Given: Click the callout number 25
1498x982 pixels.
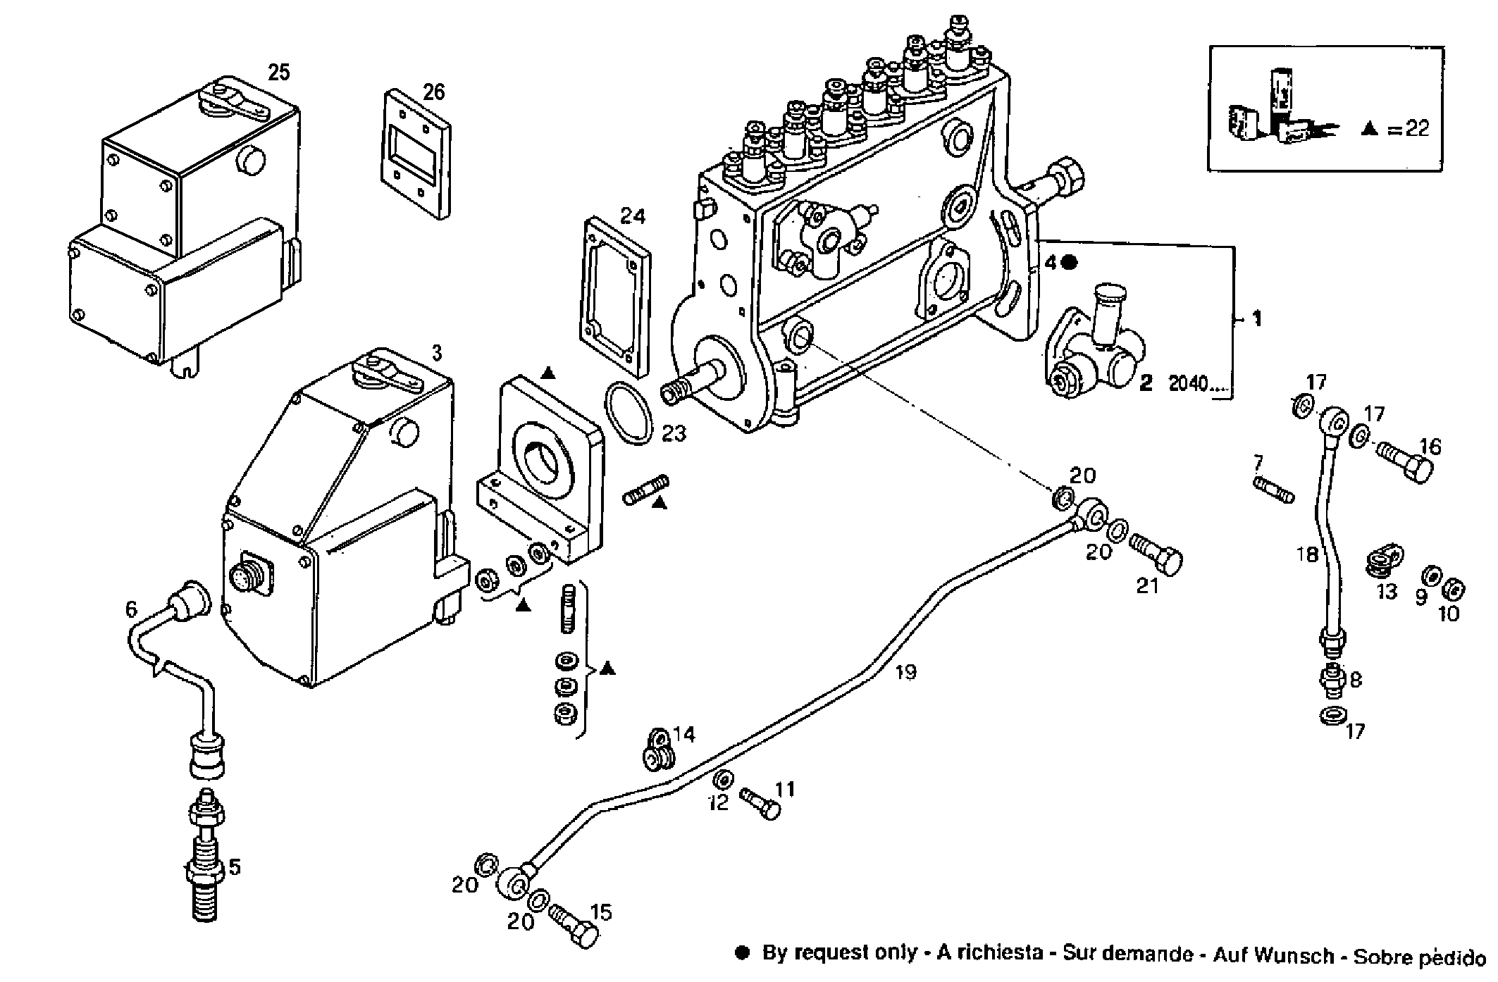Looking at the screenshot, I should coord(279,72).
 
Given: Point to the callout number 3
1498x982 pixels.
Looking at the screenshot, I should coord(436,353).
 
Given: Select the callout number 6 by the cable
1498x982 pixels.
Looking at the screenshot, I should coord(132,609).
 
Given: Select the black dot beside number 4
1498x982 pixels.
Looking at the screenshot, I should coord(1070,263).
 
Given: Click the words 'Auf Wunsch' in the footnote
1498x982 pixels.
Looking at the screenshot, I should coord(1273,956).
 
